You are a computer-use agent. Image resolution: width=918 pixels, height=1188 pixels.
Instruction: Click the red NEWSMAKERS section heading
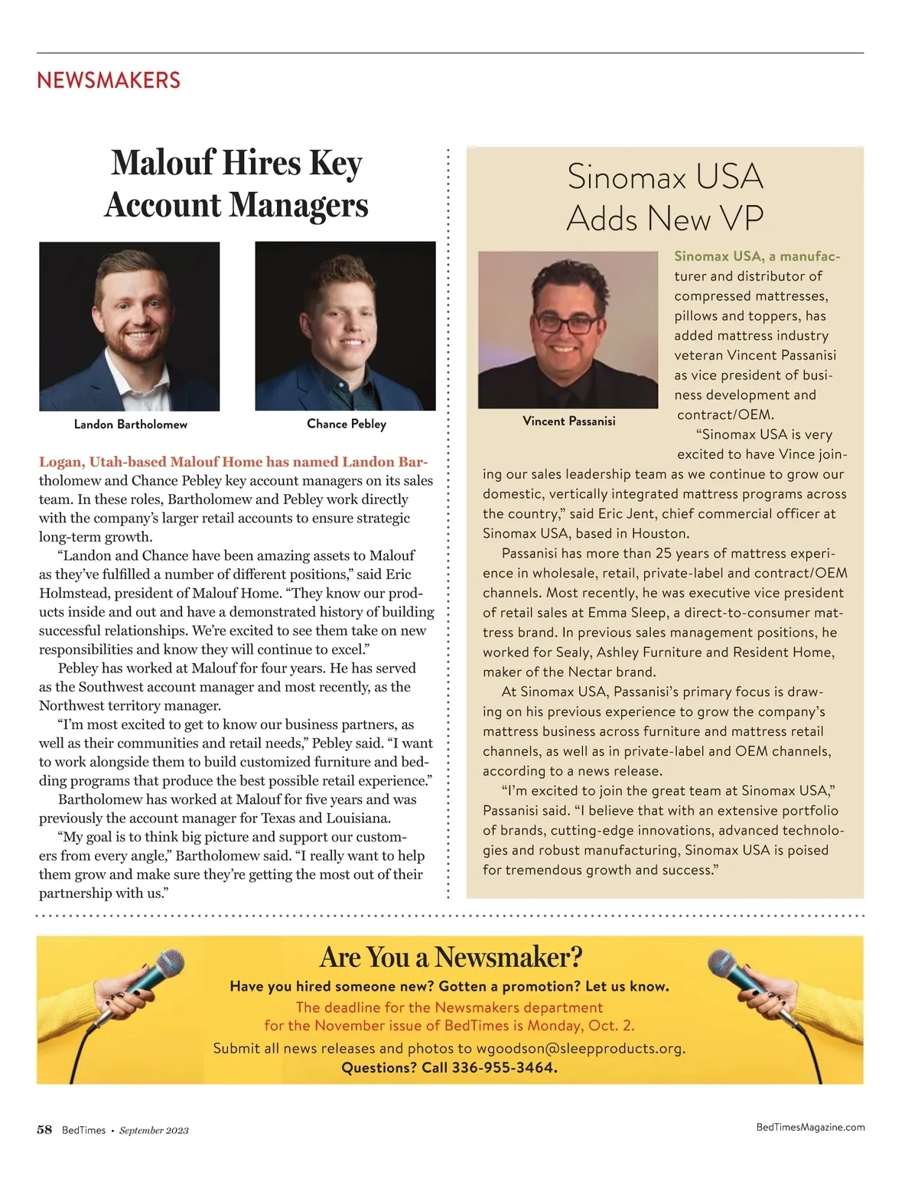(109, 80)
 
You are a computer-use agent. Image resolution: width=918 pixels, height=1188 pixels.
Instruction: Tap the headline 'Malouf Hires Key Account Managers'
(236, 184)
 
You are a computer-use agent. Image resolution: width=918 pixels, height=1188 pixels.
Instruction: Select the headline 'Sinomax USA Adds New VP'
(665, 197)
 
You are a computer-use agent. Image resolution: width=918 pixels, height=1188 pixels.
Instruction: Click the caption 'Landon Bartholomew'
(130, 424)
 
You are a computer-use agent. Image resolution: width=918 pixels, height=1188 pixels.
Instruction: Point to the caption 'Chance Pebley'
(347, 423)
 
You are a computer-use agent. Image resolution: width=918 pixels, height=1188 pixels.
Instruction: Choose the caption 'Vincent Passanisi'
(568, 421)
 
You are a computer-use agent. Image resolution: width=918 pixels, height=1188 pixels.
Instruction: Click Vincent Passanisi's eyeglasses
(567, 322)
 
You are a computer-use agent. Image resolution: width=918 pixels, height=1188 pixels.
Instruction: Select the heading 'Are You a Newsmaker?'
(451, 956)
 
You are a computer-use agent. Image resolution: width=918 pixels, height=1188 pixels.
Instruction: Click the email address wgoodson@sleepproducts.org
(580, 1048)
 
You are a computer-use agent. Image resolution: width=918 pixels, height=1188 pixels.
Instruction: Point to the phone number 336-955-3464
(504, 1067)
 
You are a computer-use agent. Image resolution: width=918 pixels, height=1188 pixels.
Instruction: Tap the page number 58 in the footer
(44, 1130)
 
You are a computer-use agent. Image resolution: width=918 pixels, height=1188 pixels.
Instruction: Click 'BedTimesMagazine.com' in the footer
(810, 1127)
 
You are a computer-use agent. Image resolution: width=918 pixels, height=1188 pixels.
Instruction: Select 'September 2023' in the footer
(154, 1131)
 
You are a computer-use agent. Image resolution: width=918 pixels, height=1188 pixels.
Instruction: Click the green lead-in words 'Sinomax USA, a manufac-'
(757, 256)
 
